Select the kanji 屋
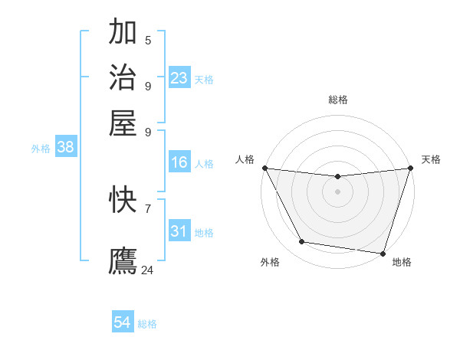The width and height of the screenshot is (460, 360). click(123, 123)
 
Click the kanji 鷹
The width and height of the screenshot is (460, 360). click(123, 260)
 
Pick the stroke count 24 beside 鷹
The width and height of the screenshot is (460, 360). click(148, 270)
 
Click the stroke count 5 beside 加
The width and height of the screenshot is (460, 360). click(148, 41)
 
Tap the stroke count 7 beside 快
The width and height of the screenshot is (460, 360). click(148, 208)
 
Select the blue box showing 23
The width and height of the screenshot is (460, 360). click(179, 78)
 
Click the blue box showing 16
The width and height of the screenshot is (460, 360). click(179, 162)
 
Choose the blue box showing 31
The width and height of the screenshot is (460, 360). click(179, 231)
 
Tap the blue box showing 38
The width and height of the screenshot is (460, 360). click(65, 148)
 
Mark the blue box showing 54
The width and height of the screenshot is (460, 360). click(123, 323)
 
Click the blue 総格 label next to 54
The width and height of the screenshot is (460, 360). click(147, 324)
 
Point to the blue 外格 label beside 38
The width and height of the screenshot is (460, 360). click(41, 149)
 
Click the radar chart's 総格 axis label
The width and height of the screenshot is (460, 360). click(337, 100)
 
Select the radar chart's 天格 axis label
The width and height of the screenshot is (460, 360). click(431, 159)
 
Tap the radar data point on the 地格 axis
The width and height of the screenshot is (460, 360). click(383, 253)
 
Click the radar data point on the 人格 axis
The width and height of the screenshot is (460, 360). click(264, 168)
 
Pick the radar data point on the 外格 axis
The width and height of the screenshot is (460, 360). click(302, 242)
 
